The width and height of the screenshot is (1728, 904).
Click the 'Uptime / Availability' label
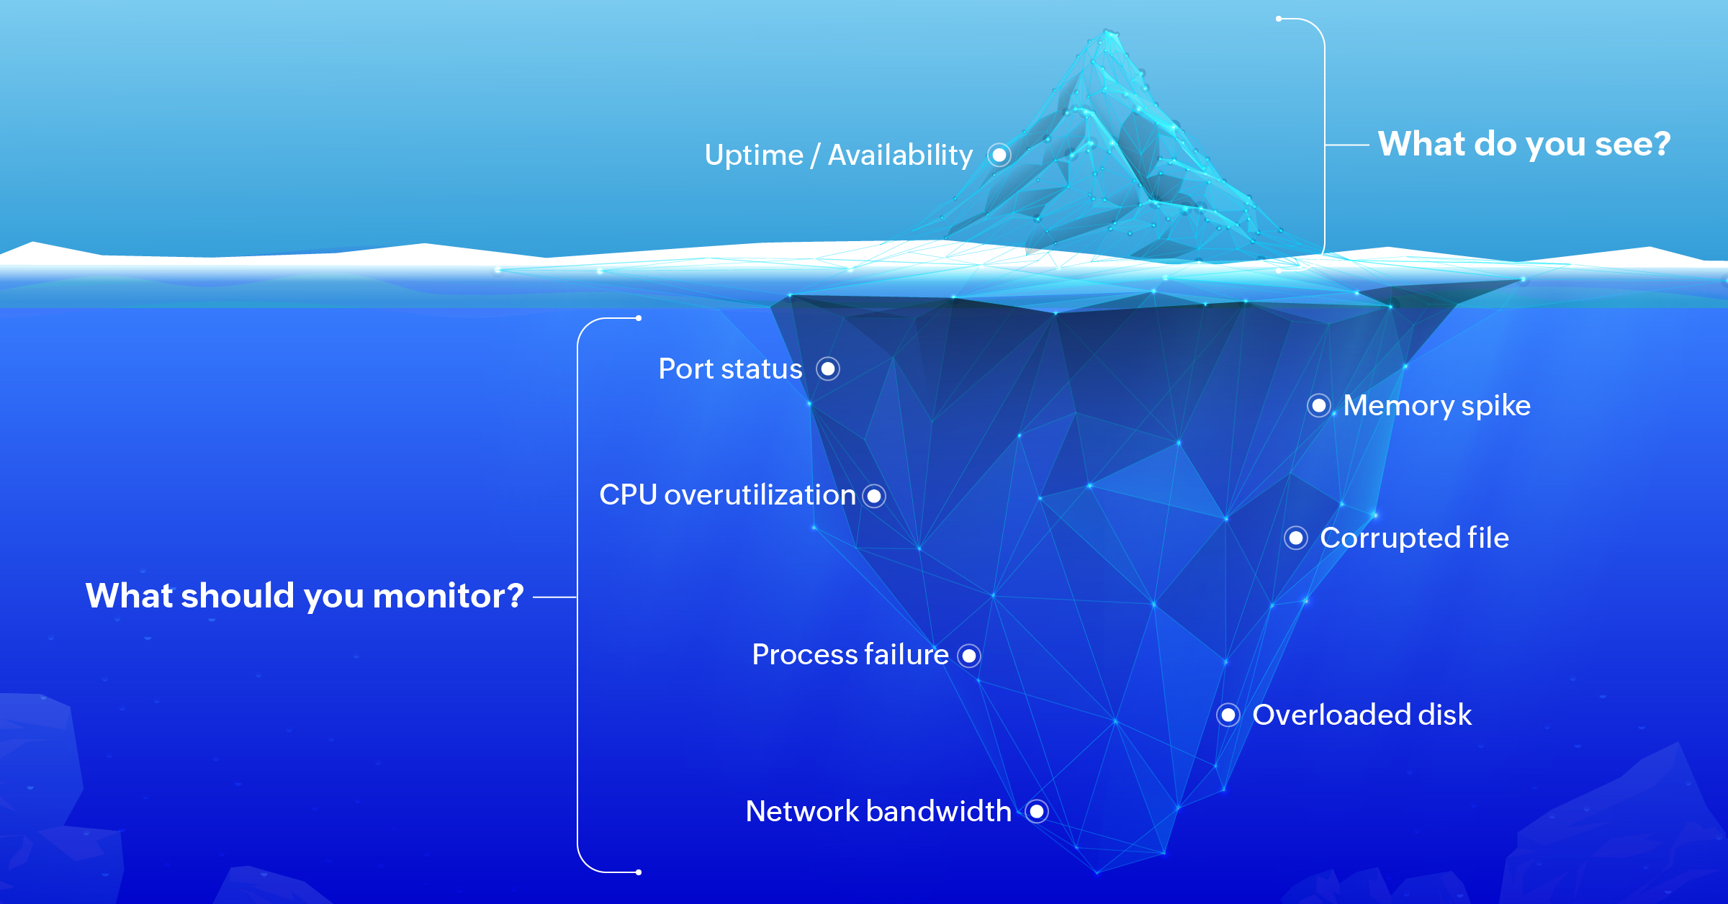838,155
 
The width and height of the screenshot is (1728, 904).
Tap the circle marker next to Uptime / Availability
999,155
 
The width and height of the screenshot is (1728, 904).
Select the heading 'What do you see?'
1524,144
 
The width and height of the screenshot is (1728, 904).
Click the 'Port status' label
730,369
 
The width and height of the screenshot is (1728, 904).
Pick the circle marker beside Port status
828,369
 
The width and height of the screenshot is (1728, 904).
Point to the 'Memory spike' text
1436,405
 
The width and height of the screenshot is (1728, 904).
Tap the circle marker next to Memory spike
1319,406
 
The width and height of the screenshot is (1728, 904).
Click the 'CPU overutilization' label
727,495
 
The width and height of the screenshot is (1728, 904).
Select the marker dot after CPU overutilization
874,496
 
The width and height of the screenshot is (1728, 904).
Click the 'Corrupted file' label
1414,538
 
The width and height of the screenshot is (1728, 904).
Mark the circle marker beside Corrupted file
1296,538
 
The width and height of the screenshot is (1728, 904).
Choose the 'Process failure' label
850,655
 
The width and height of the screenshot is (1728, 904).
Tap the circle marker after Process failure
969,656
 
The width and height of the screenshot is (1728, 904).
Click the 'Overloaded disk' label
1362,715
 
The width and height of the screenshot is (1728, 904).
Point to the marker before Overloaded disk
1228,715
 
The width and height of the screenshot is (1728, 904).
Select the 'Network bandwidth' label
878,811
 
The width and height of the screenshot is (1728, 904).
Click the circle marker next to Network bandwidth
1037,812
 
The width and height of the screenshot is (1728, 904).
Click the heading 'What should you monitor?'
305,596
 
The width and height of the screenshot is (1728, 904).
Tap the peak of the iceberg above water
1107,32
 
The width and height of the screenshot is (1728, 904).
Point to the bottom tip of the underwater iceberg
1097,873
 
